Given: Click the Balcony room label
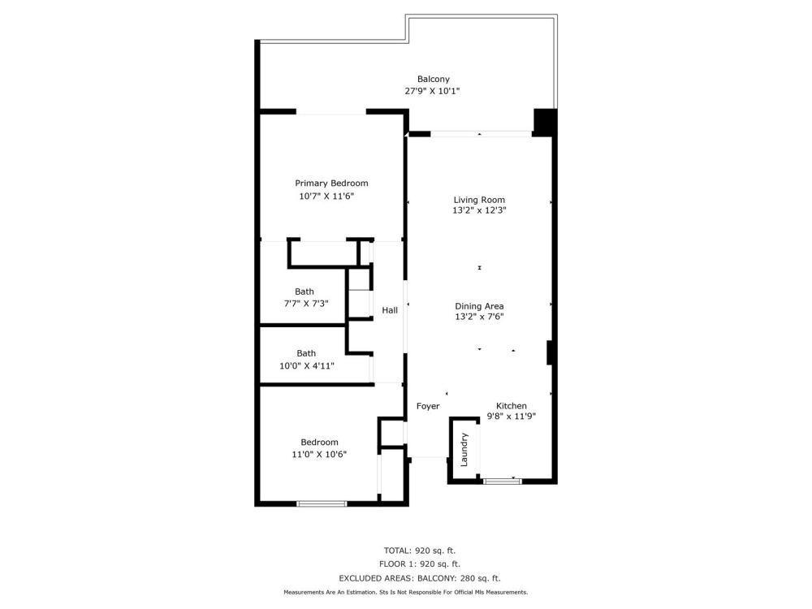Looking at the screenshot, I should point(433,79).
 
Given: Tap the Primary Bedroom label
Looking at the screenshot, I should point(331,184).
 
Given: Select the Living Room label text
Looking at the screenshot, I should point(479,200).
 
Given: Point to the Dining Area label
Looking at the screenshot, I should point(479,306).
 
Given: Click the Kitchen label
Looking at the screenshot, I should point(512,406).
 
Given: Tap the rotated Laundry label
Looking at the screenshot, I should point(464,449).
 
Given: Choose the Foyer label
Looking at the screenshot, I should point(428,406).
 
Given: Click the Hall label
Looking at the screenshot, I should point(390,310).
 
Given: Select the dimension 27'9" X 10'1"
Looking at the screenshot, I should point(433,92).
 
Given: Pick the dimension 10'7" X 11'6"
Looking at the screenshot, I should point(326,197).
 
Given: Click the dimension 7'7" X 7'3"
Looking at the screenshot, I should point(304,304).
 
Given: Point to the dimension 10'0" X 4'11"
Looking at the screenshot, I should point(306,365).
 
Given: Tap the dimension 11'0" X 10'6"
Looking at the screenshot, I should point(319,455).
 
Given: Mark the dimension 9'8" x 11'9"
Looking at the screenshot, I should point(512,417).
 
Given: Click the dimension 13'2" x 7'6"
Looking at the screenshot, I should point(479,317).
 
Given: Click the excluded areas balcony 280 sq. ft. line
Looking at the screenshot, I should point(419,578).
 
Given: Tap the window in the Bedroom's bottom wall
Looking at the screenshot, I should point(322,503).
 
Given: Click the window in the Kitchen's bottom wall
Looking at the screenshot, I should point(502,482).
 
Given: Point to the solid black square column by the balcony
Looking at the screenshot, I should point(545,122).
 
